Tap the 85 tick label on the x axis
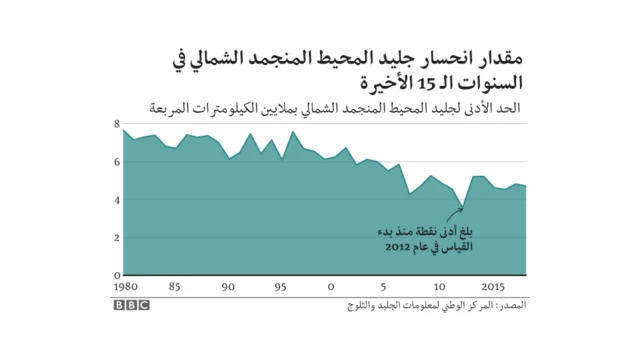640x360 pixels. click(x=174, y=287)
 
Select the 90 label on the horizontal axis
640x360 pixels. click(x=228, y=287)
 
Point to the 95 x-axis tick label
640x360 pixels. click(x=282, y=287)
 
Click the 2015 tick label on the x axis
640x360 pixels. click(x=490, y=287)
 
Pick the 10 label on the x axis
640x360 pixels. click(x=439, y=287)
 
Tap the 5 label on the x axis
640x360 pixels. click(x=386, y=287)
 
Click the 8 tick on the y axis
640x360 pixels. click(x=117, y=124)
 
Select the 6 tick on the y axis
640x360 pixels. click(x=117, y=162)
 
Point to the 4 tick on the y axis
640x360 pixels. click(x=117, y=200)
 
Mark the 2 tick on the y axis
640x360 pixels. click(x=117, y=238)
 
